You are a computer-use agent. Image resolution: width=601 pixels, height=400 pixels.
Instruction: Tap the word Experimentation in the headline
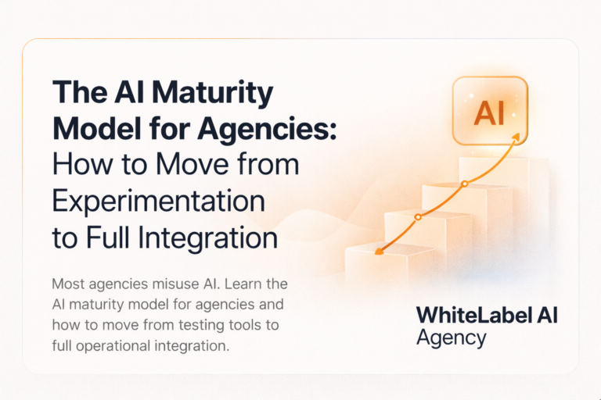tap(159, 201)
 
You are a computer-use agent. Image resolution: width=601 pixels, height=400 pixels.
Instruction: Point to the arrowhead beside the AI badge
tap(516, 138)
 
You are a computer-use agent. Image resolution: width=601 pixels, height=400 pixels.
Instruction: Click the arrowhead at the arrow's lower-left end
tap(380, 252)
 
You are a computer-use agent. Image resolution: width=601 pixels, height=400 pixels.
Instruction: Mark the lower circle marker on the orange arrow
tap(418, 216)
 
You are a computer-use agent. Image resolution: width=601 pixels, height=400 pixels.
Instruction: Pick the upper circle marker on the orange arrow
tap(465, 184)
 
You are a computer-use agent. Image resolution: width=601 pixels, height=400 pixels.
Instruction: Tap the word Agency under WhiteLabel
tap(452, 337)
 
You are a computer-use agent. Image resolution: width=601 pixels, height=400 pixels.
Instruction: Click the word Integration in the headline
tap(212, 237)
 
